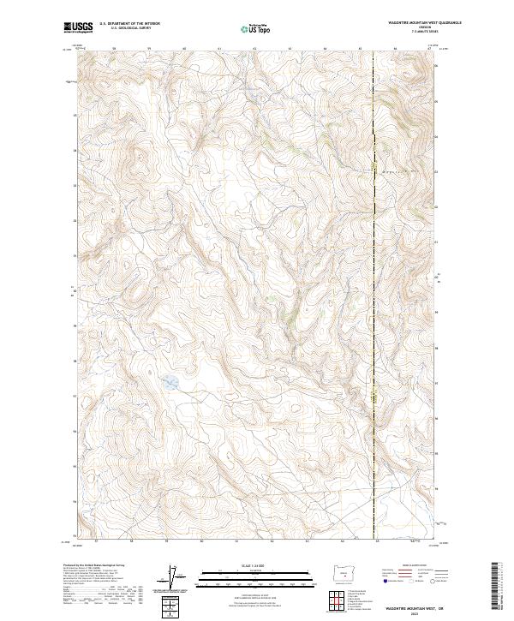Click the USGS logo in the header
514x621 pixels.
point(79,29)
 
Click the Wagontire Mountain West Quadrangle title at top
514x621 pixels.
point(401,23)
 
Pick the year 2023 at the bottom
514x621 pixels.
point(415,612)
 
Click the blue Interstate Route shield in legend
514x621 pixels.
point(384,582)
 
